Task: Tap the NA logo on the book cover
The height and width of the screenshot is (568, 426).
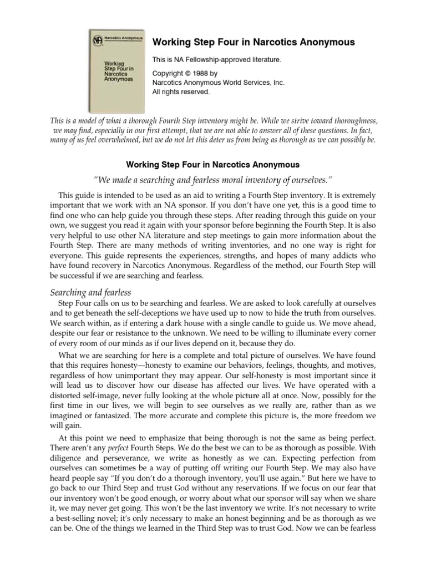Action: point(98,40)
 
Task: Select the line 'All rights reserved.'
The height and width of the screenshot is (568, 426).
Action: point(181,92)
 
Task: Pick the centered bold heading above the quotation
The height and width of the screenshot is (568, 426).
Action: point(213,165)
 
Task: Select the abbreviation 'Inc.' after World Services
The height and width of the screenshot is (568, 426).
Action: point(276,82)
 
